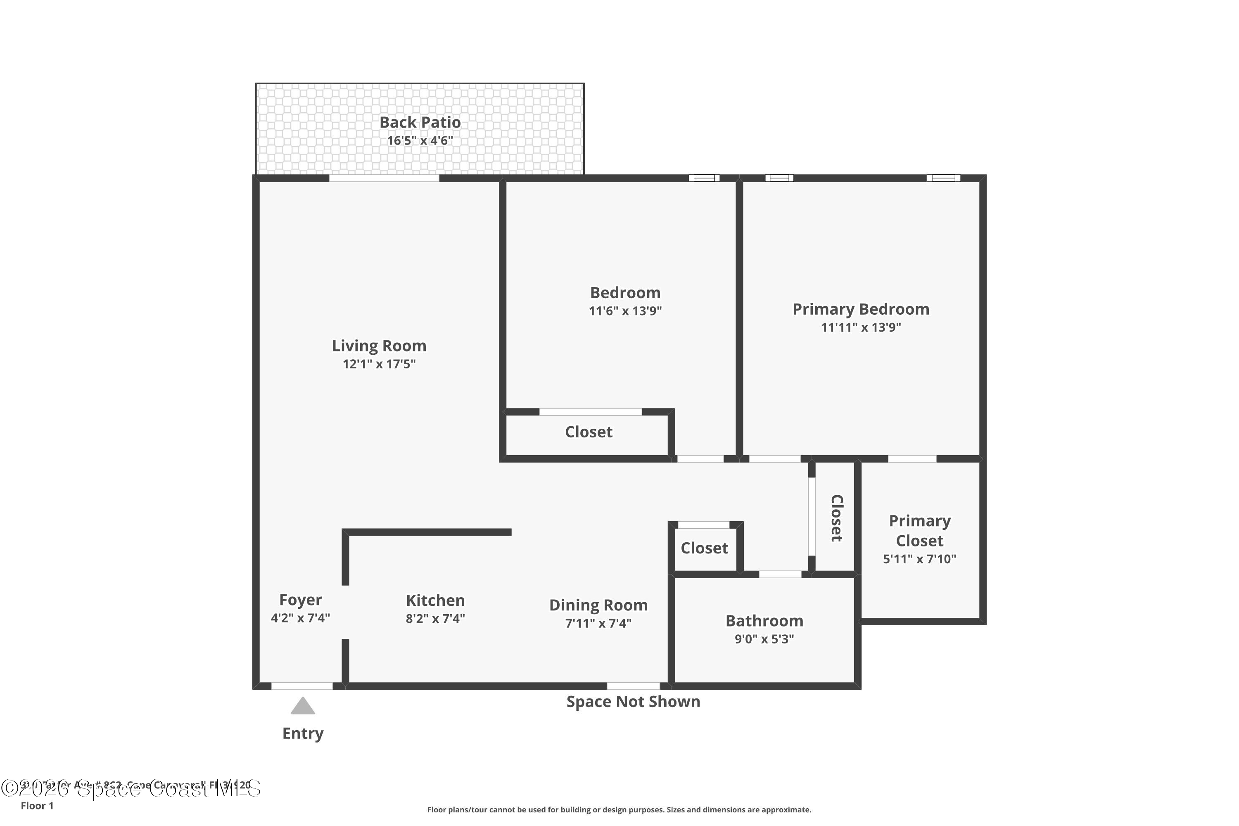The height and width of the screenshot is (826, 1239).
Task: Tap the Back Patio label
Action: tap(420, 122)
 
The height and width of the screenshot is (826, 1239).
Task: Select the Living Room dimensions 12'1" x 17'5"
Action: tap(379, 364)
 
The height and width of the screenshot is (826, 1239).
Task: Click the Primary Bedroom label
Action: tap(861, 309)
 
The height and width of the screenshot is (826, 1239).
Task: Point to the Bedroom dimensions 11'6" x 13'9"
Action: tap(625, 311)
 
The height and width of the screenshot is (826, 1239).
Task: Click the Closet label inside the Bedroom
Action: tap(589, 432)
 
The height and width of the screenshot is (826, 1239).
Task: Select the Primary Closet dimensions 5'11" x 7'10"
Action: tap(919, 559)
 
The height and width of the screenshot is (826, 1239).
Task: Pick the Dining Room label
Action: tap(598, 605)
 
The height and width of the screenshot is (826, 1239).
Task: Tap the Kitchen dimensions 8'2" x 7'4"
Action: tap(435, 618)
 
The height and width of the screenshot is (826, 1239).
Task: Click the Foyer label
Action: tap(300, 600)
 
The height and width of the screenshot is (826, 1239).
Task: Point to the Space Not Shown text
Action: tap(633, 702)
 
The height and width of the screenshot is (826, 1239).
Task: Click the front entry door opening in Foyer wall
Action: tap(302, 686)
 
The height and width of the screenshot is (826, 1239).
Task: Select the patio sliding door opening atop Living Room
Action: tap(384, 178)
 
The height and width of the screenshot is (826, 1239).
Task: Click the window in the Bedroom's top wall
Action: tap(704, 178)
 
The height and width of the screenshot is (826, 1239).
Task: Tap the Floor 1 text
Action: tap(37, 805)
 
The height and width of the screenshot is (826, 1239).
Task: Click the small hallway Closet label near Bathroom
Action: tap(704, 548)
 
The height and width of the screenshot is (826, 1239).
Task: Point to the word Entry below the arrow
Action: tap(303, 733)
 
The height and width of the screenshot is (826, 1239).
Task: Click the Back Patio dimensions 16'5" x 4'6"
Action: tap(420, 141)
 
